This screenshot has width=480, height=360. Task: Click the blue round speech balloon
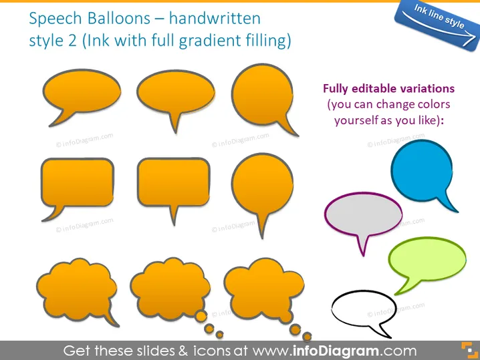pyautogui.click(x=422, y=170)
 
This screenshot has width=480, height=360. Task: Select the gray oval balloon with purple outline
pyautogui.click(x=364, y=214)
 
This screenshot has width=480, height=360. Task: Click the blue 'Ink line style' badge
pyautogui.click(x=438, y=25)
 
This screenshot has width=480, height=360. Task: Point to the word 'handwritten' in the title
pyautogui.click(x=215, y=18)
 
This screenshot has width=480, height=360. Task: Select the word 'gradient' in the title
pyautogui.click(x=210, y=41)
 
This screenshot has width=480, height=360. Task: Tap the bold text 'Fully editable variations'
pyautogui.click(x=389, y=89)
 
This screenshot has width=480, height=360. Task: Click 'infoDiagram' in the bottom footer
pyautogui.click(x=336, y=351)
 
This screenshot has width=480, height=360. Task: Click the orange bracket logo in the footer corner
pyautogui.click(x=469, y=350)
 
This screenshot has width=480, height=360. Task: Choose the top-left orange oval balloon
pyautogui.click(x=82, y=92)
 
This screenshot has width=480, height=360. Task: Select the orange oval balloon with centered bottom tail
pyautogui.click(x=176, y=92)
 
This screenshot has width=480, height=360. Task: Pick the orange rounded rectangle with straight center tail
pyautogui.click(x=174, y=182)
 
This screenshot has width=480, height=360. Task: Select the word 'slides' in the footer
pyautogui.click(x=156, y=351)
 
